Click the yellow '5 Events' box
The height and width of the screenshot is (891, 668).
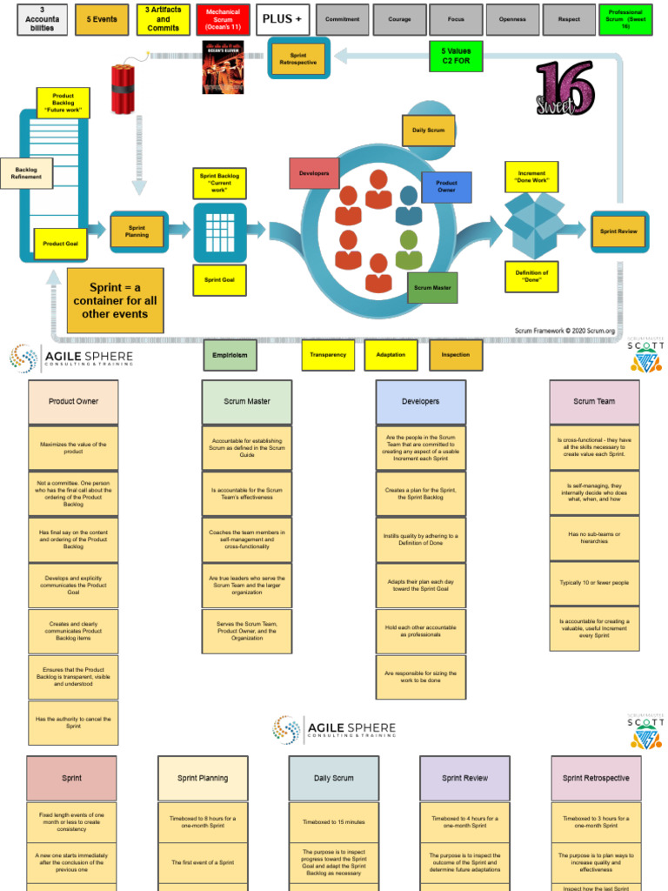(102, 19)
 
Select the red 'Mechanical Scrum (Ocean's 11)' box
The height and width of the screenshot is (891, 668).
(223, 19)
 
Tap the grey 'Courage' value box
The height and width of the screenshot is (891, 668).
(399, 19)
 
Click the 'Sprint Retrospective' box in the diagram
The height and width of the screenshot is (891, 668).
(298, 58)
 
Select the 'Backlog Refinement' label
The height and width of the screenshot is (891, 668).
(26, 172)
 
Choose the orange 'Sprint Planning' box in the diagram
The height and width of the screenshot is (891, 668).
(137, 231)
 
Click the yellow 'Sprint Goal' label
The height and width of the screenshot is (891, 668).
(219, 280)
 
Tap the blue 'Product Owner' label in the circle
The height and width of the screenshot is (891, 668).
(446, 187)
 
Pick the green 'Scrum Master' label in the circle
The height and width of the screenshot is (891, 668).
(432, 287)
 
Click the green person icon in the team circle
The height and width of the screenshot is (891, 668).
(409, 250)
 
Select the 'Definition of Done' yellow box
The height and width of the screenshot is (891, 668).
(531, 278)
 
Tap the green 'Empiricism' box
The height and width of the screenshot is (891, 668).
(230, 354)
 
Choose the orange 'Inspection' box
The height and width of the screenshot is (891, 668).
(455, 354)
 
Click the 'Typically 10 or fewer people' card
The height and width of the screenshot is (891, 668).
(594, 583)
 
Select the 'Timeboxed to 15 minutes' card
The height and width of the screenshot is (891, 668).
(333, 822)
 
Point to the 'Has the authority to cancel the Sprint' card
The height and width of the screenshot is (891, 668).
(73, 723)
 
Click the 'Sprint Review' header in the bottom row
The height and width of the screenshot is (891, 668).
(464, 778)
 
